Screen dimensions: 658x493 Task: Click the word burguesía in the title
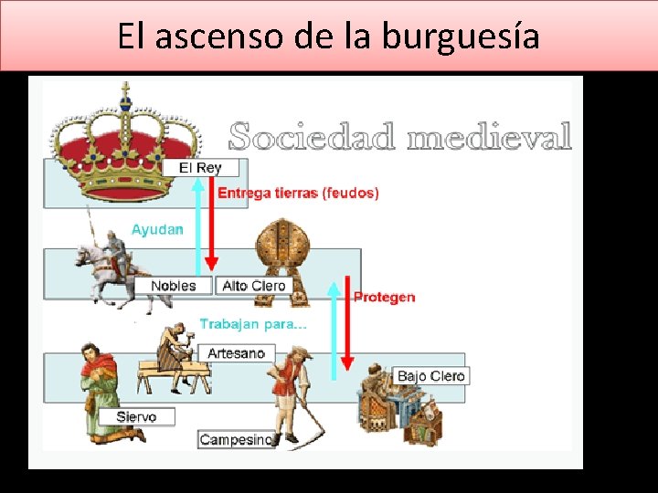pyautogui.click(x=461, y=37)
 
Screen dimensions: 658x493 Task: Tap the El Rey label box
pyautogui.click(x=200, y=168)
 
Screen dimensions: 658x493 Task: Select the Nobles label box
pyautogui.click(x=174, y=286)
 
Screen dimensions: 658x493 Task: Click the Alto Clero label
pyautogui.click(x=254, y=286)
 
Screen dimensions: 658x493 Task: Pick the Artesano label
pyautogui.click(x=237, y=353)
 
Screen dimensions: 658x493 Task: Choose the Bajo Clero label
pyautogui.click(x=431, y=375)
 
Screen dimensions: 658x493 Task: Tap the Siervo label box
pyautogui.click(x=136, y=416)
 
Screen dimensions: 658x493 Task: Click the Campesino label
pyautogui.click(x=237, y=439)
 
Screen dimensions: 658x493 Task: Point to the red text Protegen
pyautogui.click(x=385, y=298)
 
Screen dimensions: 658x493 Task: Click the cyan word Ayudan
pyautogui.click(x=157, y=229)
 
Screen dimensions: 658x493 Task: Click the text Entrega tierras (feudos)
pyautogui.click(x=298, y=193)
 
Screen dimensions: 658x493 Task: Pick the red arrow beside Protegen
pyautogui.click(x=347, y=323)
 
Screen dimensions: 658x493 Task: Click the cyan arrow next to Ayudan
pyautogui.click(x=198, y=226)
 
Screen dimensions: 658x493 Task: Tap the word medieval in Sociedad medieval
pyautogui.click(x=489, y=136)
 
